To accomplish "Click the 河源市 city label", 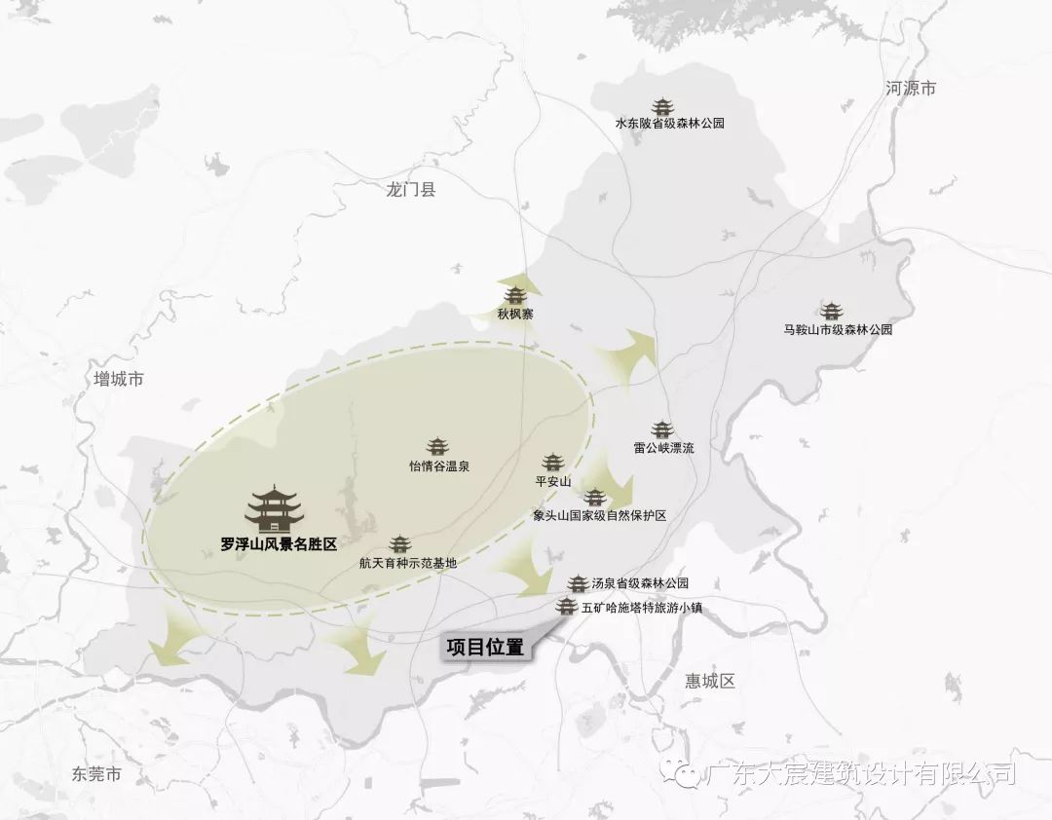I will click(x=911, y=89).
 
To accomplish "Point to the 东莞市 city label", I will click(x=96, y=775).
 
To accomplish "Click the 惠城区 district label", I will click(x=709, y=681).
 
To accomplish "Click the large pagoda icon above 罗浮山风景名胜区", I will click(x=274, y=509).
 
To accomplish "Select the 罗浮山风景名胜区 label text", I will click(x=279, y=545).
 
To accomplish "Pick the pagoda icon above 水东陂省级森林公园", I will click(x=663, y=106).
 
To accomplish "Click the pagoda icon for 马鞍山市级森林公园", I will click(x=831, y=312).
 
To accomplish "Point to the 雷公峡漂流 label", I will click(x=663, y=449).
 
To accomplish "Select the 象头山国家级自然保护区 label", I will click(x=599, y=516).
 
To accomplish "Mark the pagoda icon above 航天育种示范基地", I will click(x=400, y=544).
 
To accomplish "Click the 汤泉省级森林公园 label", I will click(x=640, y=584).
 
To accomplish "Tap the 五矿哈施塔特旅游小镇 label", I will click(x=641, y=608).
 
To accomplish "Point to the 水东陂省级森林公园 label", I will click(x=669, y=125).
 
